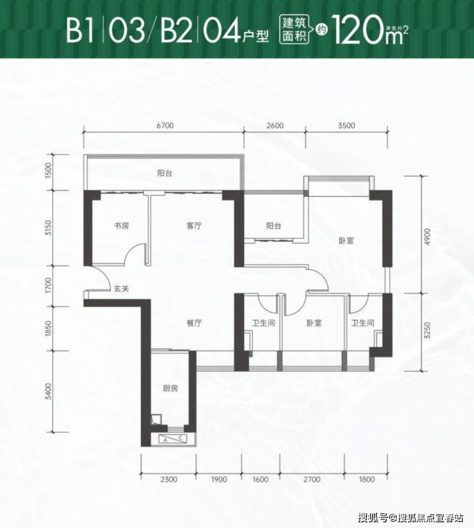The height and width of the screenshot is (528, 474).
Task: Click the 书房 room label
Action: (x=122, y=226)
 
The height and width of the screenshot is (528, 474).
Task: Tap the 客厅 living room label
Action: (x=194, y=226)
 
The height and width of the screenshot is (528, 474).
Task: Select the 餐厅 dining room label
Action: (x=194, y=323)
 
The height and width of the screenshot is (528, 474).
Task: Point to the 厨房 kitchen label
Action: (x=170, y=388)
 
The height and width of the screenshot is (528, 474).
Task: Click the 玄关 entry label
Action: (x=122, y=288)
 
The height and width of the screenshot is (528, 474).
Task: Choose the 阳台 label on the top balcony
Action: (x=165, y=174)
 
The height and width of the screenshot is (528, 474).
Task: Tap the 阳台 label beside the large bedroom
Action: (x=274, y=226)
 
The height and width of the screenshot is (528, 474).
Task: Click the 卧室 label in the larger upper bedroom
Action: (x=347, y=241)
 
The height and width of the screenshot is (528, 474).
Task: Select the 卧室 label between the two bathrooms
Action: (x=314, y=323)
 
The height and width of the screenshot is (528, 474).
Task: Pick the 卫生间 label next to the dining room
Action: (x=264, y=323)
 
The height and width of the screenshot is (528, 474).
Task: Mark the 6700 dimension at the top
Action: (x=165, y=126)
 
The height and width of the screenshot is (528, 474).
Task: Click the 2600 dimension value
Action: (x=275, y=126)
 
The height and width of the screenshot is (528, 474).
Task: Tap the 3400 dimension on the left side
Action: (x=49, y=392)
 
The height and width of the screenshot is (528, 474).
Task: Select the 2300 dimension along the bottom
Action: (x=168, y=479)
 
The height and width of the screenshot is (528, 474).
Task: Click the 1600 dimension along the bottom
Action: (x=260, y=479)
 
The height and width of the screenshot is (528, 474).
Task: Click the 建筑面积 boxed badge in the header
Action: (x=295, y=30)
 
